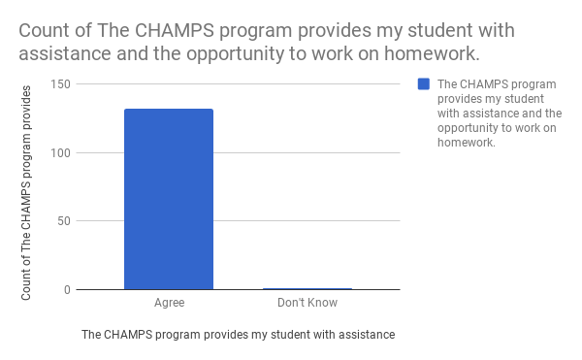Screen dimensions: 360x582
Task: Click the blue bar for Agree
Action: tap(169, 199)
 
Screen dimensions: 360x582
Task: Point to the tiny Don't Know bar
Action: tap(307, 288)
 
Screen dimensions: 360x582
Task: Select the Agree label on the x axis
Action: tap(170, 303)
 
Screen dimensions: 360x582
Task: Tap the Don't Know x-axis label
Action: tap(307, 303)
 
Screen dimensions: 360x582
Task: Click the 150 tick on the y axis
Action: tap(59, 84)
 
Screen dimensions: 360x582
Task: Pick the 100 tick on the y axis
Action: tap(59, 152)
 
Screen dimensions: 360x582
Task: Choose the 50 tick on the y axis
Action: tap(62, 221)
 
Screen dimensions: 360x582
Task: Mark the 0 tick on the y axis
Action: tap(66, 289)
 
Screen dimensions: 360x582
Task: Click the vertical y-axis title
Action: tap(28, 192)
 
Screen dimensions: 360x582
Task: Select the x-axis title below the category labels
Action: tap(238, 335)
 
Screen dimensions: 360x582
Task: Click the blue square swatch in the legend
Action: tap(424, 84)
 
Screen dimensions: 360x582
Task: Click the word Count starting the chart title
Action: tap(46, 30)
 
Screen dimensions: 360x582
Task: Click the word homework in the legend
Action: tap(467, 142)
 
